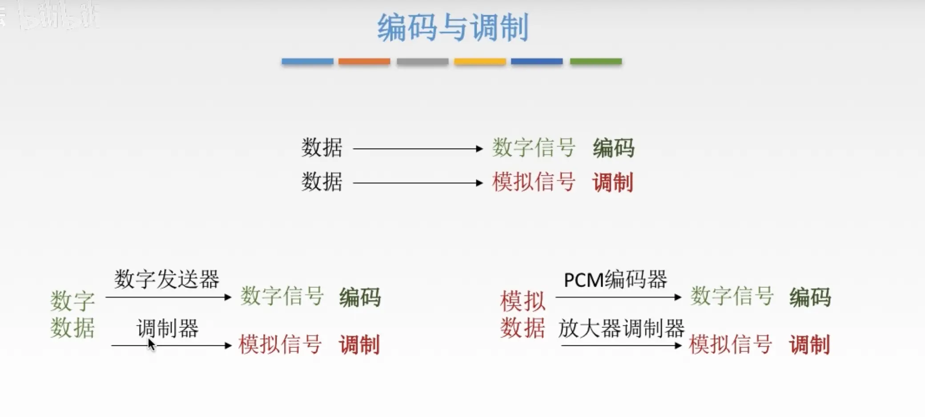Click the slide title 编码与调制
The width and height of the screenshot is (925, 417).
coord(453,28)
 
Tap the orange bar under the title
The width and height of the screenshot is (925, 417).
coord(364,61)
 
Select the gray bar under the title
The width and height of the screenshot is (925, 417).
coord(422,61)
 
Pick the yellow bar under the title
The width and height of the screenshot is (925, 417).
coord(479,61)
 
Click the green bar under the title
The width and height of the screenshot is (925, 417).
coord(595,61)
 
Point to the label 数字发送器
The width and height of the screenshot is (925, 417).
coord(167,279)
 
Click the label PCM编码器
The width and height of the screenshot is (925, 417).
coord(615,279)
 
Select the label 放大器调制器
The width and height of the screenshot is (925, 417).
coord(621,328)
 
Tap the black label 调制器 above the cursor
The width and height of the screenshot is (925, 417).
coord(167,328)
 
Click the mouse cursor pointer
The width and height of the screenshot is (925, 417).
coord(151,344)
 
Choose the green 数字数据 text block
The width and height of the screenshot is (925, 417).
coord(72,314)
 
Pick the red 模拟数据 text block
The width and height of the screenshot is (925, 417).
coord(523,314)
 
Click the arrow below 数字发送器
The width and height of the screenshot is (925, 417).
coord(169,297)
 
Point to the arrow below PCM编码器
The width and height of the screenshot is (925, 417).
coord(618,297)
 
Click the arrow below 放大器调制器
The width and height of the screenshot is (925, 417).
coord(621,345)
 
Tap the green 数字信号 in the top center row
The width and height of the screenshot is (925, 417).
coord(534,148)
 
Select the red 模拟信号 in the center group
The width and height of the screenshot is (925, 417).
coord(534,182)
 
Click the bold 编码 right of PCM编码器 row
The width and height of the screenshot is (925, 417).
coord(810,297)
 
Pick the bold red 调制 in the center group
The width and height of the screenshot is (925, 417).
coord(612,182)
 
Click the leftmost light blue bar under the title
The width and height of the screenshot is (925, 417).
coord(307,61)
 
